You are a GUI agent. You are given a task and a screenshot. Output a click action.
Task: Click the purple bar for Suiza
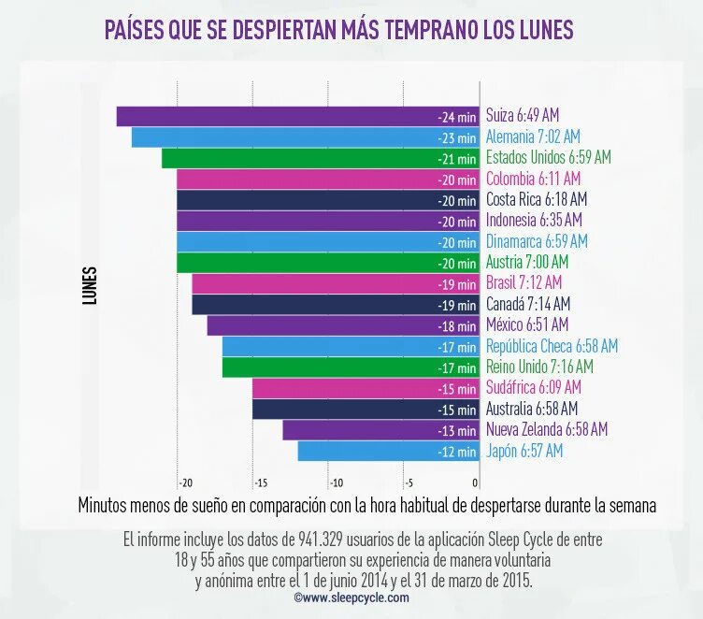[x=280, y=116]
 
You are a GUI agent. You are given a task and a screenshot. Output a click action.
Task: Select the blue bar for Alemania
[x=290, y=137]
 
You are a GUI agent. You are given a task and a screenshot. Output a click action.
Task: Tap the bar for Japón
[x=374, y=451]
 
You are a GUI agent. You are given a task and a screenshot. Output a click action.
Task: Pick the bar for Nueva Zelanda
[x=365, y=430]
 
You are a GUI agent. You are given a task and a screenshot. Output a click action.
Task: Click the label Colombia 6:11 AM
[x=533, y=179]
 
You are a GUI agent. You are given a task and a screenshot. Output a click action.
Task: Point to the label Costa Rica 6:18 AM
[x=537, y=199]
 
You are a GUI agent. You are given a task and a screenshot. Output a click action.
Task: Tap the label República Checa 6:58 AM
[x=552, y=346]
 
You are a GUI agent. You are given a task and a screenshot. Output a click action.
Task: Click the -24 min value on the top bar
[x=457, y=117]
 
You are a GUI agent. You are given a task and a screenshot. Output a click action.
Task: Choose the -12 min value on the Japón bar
[x=457, y=452]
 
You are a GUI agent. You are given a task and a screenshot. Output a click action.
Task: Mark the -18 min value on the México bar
[x=457, y=326]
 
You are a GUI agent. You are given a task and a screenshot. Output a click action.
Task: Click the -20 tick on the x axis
[x=185, y=483]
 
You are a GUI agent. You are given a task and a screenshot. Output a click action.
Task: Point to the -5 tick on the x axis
[x=408, y=483]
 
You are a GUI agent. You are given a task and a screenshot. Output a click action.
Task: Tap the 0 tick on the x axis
[x=476, y=483]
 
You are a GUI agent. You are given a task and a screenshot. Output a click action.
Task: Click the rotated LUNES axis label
[x=90, y=286]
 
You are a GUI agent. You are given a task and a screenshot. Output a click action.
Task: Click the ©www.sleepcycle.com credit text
[x=351, y=597]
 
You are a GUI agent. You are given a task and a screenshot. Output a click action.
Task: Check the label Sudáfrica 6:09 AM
[x=534, y=387]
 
